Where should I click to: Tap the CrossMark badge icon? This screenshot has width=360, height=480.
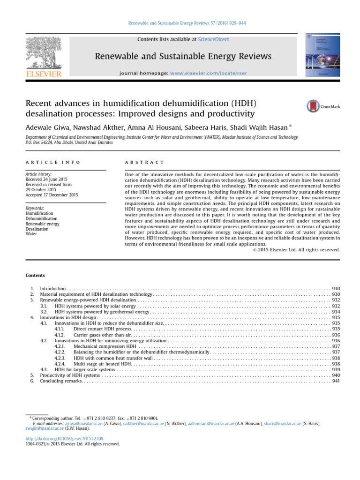coord(323,106)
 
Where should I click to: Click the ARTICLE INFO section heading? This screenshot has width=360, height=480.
coord(52,162)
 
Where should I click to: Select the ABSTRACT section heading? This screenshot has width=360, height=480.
coord(144,162)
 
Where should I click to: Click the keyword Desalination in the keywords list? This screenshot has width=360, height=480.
coord(37,229)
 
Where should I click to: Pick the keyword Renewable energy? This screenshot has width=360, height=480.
coord(42,224)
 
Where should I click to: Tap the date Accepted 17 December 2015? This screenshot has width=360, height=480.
coord(52,195)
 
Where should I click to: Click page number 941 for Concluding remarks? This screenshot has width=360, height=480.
coord(336,381)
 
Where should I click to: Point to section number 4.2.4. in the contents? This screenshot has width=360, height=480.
coord(60,363)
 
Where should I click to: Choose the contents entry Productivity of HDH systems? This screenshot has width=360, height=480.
coord(70,375)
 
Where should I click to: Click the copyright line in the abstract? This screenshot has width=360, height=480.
coord(296,250)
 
